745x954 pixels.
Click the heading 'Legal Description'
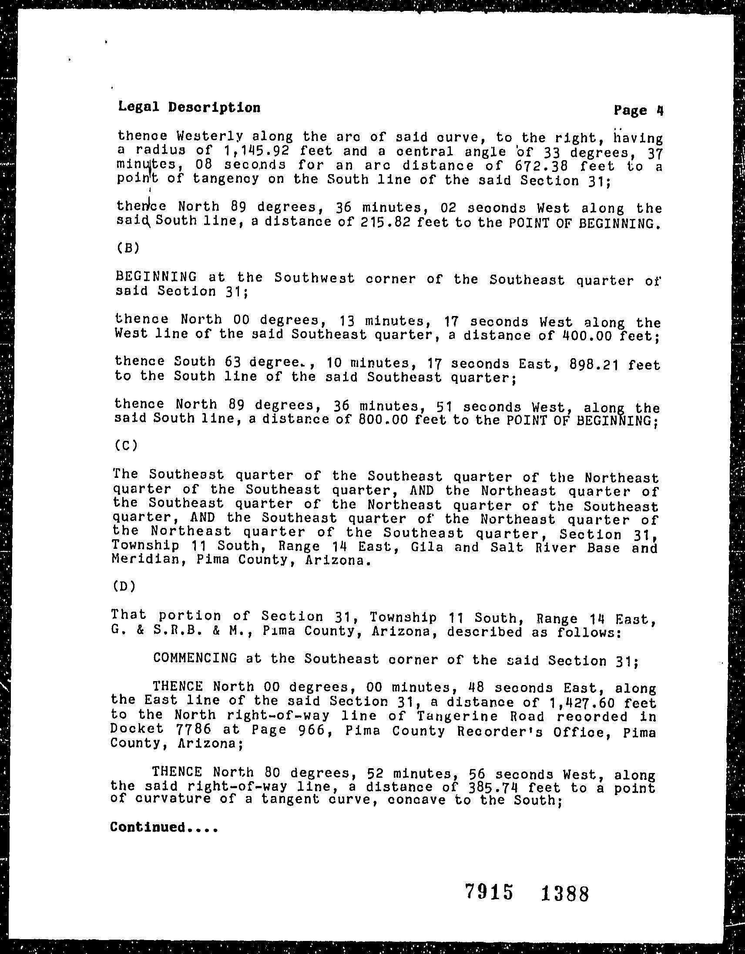[x=189, y=107]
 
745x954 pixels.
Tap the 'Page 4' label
[x=638, y=110]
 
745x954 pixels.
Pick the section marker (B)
[x=128, y=248]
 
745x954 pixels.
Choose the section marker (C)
[x=127, y=446]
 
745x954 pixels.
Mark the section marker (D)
[x=124, y=586]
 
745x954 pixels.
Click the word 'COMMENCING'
[x=195, y=658]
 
